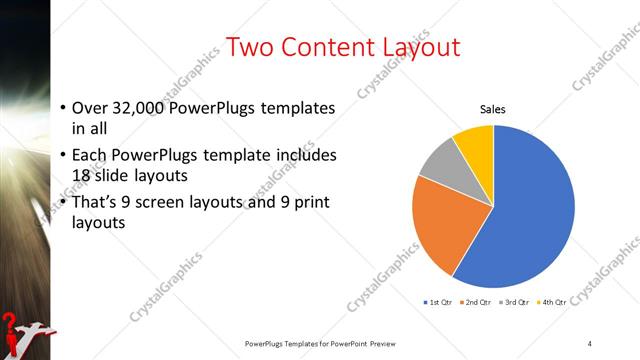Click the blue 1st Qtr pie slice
point(530,210)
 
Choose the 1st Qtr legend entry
point(439,301)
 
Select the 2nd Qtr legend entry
point(475,301)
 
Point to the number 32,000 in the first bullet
point(142,108)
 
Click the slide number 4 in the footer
point(590,344)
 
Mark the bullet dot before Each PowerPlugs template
point(63,156)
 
